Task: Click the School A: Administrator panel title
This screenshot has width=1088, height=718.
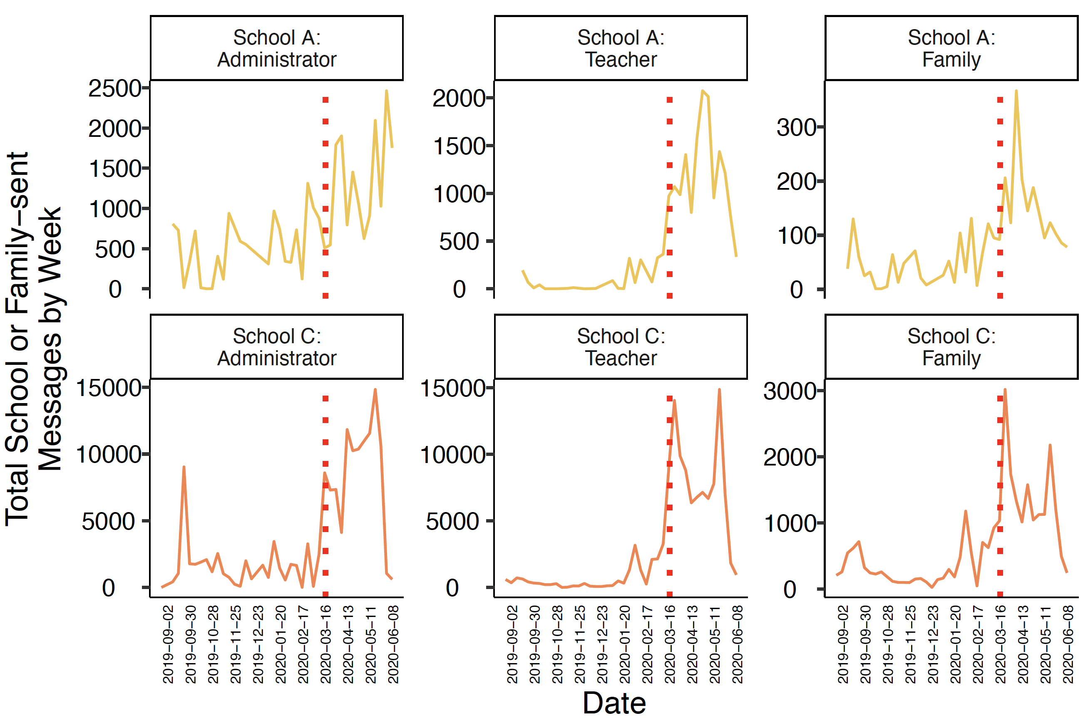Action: [x=276, y=48]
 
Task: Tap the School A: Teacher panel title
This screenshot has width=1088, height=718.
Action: [x=620, y=48]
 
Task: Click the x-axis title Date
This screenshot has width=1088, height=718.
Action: [x=614, y=703]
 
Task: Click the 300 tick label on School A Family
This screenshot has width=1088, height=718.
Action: [x=796, y=128]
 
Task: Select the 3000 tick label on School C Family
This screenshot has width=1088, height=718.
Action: [x=789, y=391]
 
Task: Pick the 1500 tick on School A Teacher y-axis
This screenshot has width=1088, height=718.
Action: [x=459, y=146]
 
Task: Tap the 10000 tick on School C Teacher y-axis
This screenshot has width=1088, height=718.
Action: [x=452, y=455]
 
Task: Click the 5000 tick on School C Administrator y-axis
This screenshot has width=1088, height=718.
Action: [x=108, y=522]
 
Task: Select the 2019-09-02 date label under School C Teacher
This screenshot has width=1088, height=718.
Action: [x=512, y=644]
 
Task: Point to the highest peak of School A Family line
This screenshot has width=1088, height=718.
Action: [x=1016, y=91]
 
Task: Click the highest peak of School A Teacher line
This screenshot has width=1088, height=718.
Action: [x=702, y=91]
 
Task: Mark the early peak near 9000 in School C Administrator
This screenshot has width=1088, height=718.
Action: [x=184, y=468]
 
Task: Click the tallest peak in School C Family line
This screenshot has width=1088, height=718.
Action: [x=1005, y=390]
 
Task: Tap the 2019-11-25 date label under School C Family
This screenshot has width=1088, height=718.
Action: [x=910, y=644]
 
